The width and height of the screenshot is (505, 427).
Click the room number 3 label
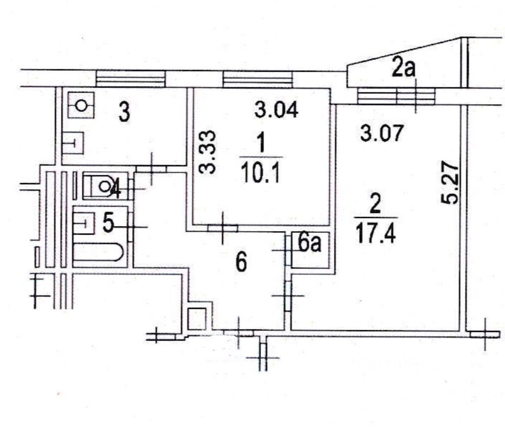click(124, 113)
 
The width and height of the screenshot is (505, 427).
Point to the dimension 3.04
click(277, 110)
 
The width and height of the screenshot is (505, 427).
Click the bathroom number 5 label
click(108, 222)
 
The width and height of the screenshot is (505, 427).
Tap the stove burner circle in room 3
click(81, 106)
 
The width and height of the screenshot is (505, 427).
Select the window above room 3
click(131, 78)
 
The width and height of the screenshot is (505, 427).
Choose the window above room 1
click(258, 79)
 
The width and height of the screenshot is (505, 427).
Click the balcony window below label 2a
click(396, 96)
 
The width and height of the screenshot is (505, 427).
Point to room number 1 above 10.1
click(260, 145)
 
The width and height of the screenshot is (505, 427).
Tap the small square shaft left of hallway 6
click(197, 319)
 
